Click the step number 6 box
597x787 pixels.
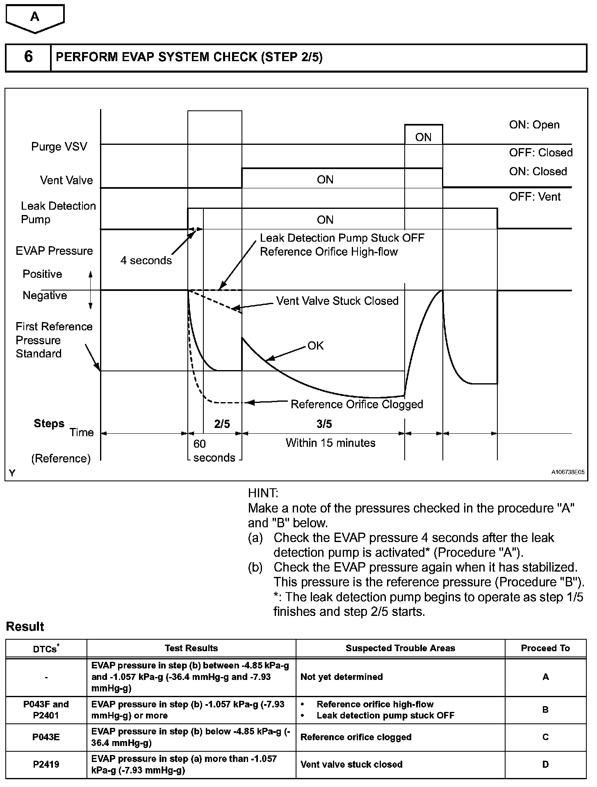pos(28,57)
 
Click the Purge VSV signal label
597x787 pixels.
pos(59,147)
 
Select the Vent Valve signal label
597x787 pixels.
pos(66,180)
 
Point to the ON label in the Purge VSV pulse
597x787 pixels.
pos(423,137)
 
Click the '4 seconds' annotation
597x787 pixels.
pos(146,261)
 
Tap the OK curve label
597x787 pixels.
pos(315,345)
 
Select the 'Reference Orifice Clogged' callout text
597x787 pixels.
pos(357,404)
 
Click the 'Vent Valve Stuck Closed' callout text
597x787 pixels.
pos(337,301)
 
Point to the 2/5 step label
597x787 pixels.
pos(222,424)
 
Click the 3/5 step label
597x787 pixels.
pos(324,424)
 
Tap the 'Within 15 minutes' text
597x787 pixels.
pos(330,443)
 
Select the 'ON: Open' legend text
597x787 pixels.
pos(534,125)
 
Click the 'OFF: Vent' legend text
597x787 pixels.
pos(535,197)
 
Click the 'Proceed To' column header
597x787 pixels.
pos(545,648)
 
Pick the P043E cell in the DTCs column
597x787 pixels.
pos(46,737)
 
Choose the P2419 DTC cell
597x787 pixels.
pos(46,764)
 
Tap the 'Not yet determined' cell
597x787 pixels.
pos(342,677)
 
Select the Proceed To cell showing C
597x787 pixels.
pos(545,737)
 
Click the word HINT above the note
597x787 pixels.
pos(263,493)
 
